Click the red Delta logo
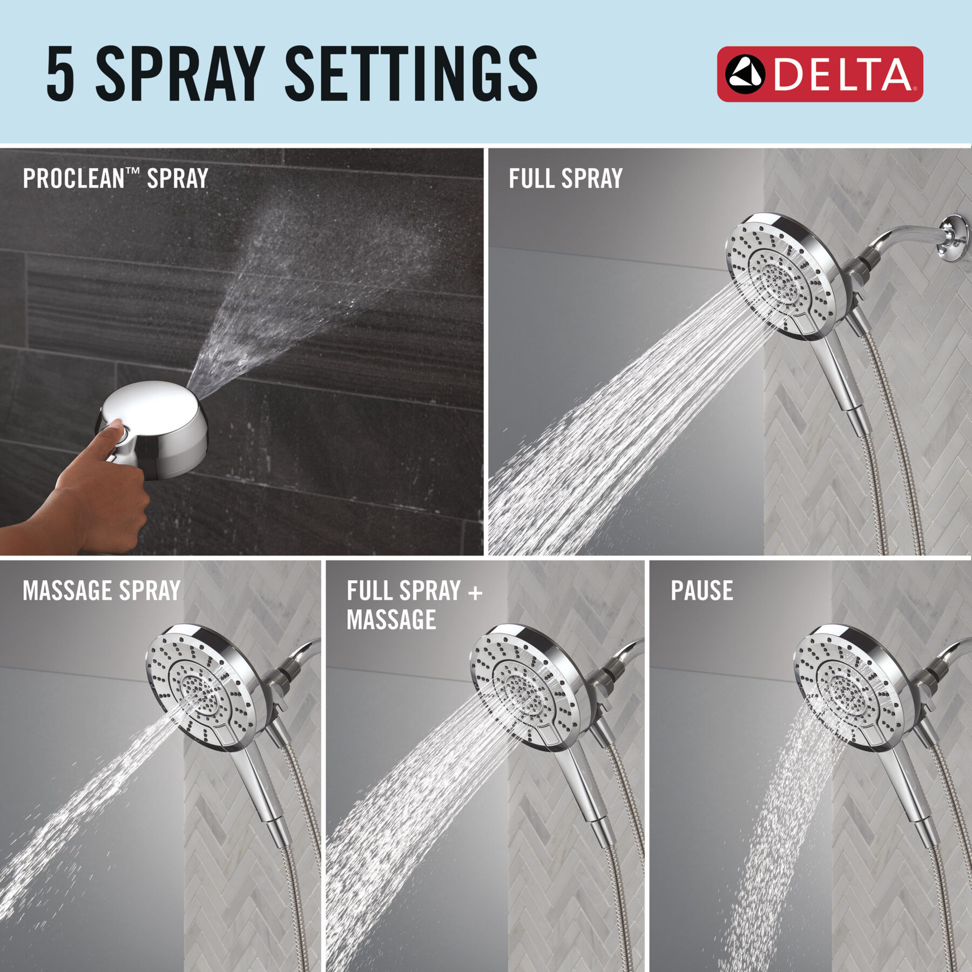[820, 74]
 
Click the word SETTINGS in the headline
[411, 73]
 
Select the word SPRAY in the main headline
[180, 73]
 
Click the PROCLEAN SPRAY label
[116, 178]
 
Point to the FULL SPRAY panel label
[565, 178]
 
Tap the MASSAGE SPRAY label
[102, 590]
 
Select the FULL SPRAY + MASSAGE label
[414, 605]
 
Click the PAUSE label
[701, 590]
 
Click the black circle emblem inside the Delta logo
[745, 75]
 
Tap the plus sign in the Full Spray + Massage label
[475, 592]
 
